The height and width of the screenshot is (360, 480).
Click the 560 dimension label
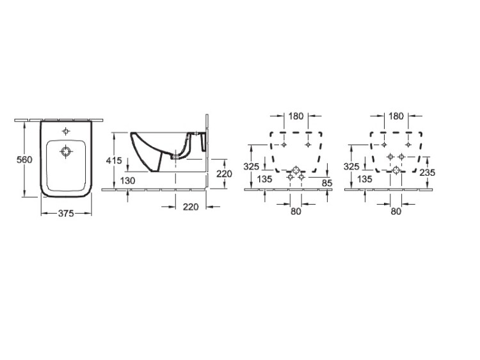(24, 160)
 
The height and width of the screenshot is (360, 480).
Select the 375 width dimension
(66, 213)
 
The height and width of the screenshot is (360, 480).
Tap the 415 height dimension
(114, 160)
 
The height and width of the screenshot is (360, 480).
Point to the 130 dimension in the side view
(127, 181)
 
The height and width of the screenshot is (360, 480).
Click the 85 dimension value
(327, 184)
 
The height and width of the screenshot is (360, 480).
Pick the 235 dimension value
(427, 173)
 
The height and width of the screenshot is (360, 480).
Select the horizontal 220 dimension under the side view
(191, 207)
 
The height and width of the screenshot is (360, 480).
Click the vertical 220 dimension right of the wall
(224, 174)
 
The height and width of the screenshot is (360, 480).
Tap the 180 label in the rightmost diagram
(396, 116)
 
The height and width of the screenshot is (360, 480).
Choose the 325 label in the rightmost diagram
(351, 167)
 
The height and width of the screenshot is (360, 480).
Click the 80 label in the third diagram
(296, 212)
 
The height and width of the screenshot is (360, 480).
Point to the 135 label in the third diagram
(264, 179)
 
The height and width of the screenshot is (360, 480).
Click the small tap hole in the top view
(66, 132)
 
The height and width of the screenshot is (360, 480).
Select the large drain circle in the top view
(65, 152)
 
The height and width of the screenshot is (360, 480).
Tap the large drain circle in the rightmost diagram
(396, 170)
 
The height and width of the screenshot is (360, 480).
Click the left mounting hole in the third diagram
(284, 145)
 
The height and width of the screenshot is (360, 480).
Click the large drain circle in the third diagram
(296, 170)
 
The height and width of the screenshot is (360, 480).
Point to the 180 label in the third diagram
(296, 116)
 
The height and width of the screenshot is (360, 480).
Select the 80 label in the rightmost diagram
(396, 212)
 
